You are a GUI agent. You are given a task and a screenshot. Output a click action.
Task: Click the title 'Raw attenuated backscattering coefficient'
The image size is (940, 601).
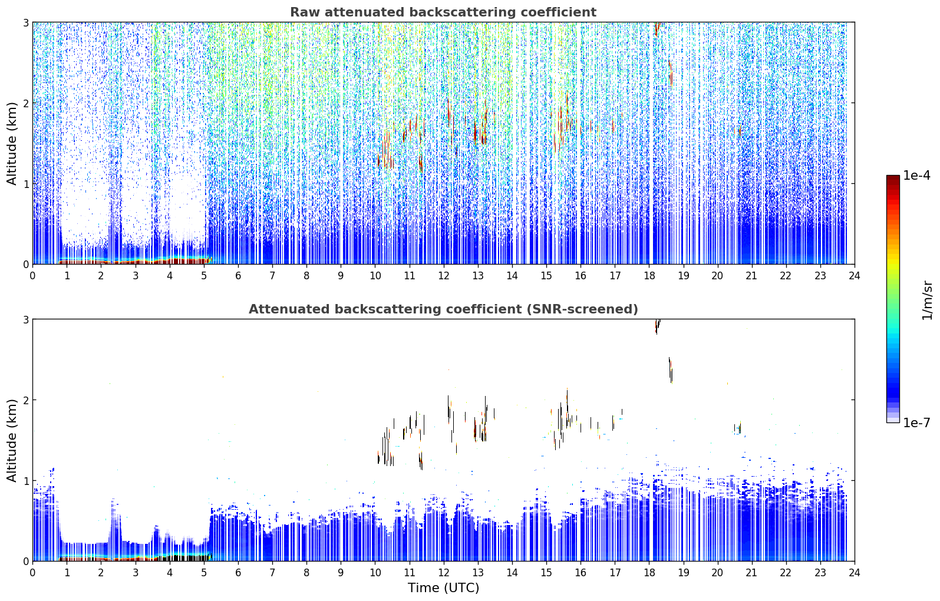(x=443, y=12)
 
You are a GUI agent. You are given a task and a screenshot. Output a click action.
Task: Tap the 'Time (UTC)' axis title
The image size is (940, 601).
(x=443, y=587)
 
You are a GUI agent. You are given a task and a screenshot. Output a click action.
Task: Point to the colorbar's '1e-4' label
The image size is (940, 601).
(x=916, y=175)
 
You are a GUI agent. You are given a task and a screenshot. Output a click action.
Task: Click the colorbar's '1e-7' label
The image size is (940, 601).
(x=916, y=422)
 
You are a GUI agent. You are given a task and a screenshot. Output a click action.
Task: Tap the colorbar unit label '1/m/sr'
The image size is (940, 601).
(x=927, y=301)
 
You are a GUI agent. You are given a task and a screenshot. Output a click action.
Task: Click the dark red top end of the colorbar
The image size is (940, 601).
(x=893, y=178)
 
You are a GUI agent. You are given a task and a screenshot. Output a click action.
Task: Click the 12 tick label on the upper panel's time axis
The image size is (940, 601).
(x=444, y=276)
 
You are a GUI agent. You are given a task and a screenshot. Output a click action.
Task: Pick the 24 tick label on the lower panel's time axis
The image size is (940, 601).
(x=855, y=573)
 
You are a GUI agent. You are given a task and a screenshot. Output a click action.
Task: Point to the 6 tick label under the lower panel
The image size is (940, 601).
(x=238, y=573)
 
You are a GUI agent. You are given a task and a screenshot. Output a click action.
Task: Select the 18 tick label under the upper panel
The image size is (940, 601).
(x=649, y=276)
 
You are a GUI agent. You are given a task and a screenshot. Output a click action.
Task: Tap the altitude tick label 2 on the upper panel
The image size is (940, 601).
(x=25, y=103)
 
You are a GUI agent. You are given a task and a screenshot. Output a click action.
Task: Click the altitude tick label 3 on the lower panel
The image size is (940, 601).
(x=25, y=319)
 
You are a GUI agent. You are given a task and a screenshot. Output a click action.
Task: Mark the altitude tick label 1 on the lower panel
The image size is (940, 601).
(x=25, y=481)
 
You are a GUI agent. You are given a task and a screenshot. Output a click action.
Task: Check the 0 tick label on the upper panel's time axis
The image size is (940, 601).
(x=33, y=276)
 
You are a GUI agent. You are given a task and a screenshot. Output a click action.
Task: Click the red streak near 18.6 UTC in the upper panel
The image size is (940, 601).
(x=671, y=74)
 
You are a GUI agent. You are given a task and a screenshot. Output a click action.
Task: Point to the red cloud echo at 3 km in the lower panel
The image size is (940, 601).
(x=657, y=326)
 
